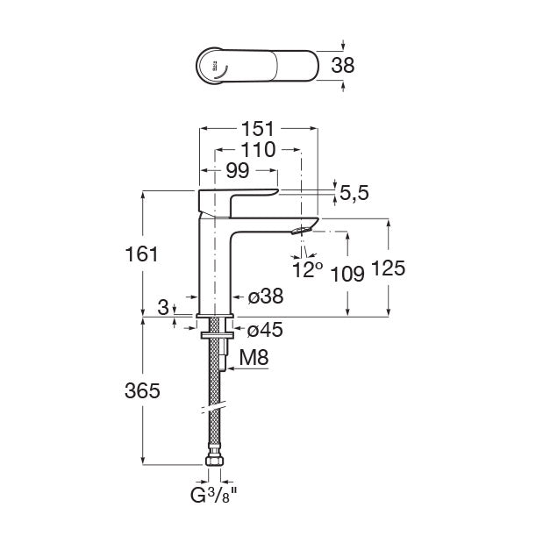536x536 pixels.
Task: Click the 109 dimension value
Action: point(348,273)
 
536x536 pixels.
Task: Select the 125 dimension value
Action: point(389,269)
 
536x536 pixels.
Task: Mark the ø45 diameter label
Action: point(265,331)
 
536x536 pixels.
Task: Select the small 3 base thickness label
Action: point(163,307)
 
